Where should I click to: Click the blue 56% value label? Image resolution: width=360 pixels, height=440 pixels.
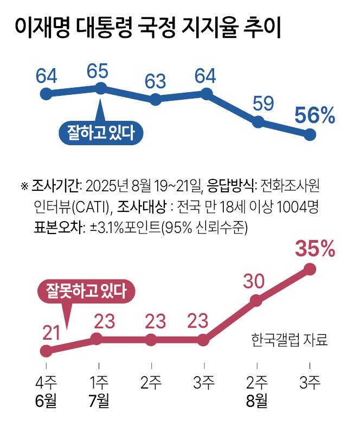[x=314, y=116]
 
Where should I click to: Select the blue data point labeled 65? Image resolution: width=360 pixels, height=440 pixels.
[x=100, y=88]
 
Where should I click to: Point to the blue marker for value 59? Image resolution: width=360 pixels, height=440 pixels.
[x=258, y=122]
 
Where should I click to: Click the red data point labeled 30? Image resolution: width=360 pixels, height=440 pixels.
[x=258, y=300]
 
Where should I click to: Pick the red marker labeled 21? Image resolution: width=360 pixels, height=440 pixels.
[x=46, y=351]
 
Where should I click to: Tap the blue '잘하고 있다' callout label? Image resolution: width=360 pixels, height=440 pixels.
[x=100, y=132]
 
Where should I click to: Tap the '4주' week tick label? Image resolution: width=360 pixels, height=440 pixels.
[x=46, y=383]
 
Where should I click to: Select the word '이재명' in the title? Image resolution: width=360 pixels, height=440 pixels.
[x=38, y=29]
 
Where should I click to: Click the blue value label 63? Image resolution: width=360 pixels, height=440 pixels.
[x=154, y=81]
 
